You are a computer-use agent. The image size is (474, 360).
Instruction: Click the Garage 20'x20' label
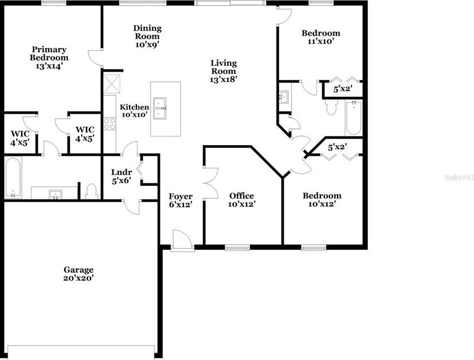79,273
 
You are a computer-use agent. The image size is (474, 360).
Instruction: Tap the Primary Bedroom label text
49,58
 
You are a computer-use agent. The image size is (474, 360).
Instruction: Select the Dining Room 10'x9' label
147,36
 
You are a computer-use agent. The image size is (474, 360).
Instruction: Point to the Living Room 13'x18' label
224,71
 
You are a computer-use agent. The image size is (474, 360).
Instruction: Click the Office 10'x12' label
241,199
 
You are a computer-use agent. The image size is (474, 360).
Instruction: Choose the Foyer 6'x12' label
181,200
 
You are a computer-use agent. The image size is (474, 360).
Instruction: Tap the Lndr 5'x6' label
122,177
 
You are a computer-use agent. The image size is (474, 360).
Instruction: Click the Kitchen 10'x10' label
134,111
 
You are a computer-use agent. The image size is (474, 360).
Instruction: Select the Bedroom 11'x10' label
321,37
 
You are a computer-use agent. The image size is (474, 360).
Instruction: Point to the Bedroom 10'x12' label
322,199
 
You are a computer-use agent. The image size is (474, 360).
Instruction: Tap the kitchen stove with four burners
110,124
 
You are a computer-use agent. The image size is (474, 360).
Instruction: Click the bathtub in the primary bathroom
13,177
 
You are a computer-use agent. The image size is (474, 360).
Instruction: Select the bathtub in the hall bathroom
353,118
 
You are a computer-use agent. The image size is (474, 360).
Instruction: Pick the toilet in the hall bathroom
331,107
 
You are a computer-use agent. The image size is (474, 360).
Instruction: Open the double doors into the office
210,183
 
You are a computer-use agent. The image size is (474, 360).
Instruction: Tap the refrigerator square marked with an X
113,84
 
